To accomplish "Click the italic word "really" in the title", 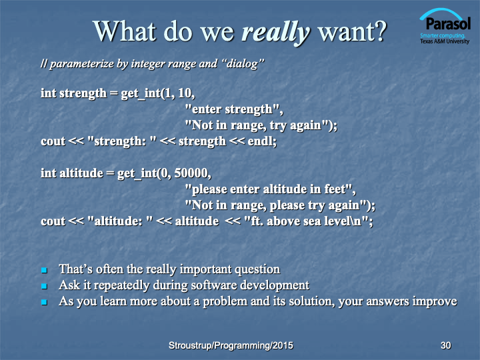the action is (x=276, y=33).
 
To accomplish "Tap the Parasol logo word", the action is (x=448, y=23).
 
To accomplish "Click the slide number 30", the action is (x=446, y=345).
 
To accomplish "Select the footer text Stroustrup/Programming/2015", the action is (x=231, y=345).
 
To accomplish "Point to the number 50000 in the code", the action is (x=191, y=173).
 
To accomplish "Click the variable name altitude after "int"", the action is (x=81, y=173).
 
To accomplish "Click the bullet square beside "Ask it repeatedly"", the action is (x=44, y=286).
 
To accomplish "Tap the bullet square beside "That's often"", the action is (x=44, y=270).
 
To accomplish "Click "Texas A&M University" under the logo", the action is (x=445, y=41).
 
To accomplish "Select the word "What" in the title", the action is (x=125, y=31).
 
